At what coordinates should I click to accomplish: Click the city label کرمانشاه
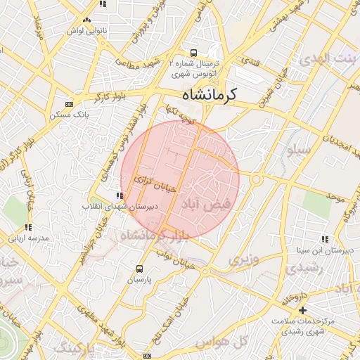pos(209,94)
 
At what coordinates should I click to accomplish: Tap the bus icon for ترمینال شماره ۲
pos(193,53)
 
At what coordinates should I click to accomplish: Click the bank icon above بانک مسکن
pos(68,103)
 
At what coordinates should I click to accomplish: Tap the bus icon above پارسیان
pos(139,269)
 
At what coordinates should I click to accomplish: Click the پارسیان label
pos(139,279)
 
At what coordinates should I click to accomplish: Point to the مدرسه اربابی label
pos(28,238)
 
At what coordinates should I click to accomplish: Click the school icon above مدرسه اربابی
pos(28,227)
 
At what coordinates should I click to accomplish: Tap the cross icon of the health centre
pos(303,310)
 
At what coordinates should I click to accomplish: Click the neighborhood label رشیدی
pos(309,268)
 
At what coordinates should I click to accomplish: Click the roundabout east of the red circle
pos(256,179)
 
